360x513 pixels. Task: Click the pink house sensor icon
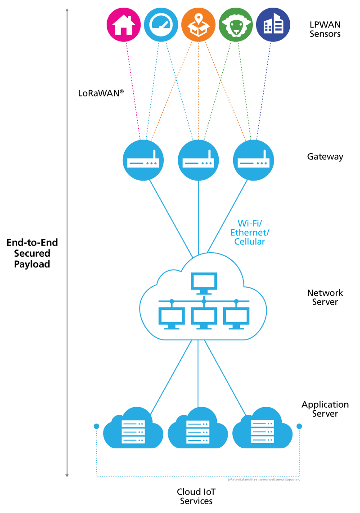pyautogui.click(x=123, y=25)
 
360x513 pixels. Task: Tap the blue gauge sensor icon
pyautogui.click(x=161, y=25)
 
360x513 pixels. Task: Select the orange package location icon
pyautogui.click(x=198, y=25)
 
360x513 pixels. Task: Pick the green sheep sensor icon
pyautogui.click(x=235, y=25)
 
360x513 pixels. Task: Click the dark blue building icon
pyautogui.click(x=273, y=25)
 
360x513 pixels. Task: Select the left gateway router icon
pyautogui.click(x=143, y=160)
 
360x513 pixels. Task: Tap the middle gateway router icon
pyautogui.click(x=198, y=160)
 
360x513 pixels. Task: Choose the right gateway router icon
pyautogui.click(x=253, y=160)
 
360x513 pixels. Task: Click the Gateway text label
pyautogui.click(x=325, y=157)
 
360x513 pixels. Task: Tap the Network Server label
pyautogui.click(x=325, y=297)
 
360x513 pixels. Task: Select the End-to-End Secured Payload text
pyautogui.click(x=32, y=253)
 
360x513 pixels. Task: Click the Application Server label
pyautogui.click(x=325, y=409)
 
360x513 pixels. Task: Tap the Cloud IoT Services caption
pyautogui.click(x=196, y=496)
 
